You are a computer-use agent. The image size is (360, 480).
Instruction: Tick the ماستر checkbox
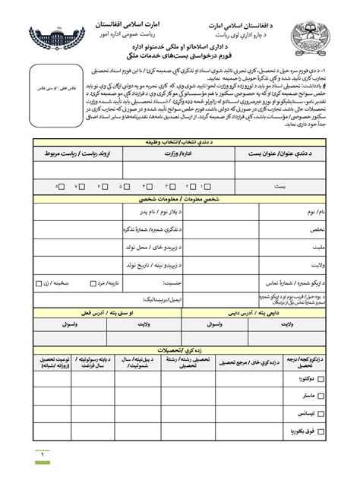click(x=323, y=396)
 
